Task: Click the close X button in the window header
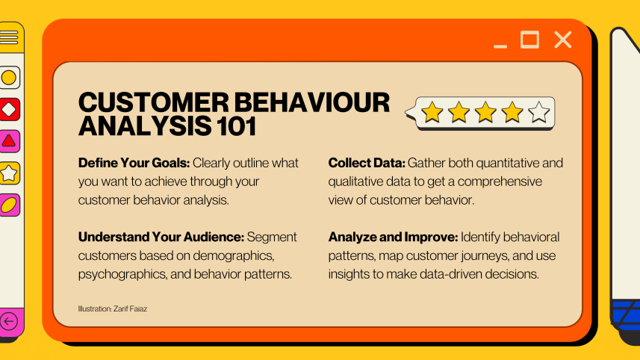[x=562, y=40]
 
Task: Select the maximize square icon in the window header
[x=529, y=40]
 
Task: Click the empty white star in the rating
[x=538, y=113]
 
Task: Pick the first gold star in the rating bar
[x=432, y=113]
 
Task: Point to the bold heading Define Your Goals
[x=134, y=163]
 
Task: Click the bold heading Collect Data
[x=366, y=163]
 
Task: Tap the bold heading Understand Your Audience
[x=161, y=237]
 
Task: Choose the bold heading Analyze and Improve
[x=392, y=237]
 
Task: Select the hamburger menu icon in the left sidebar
[x=9, y=37]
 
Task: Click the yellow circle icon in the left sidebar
[x=9, y=77]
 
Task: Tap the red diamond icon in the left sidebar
[x=9, y=109]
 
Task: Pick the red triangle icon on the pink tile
[x=9, y=141]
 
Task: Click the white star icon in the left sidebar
[x=9, y=173]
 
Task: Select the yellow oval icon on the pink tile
[x=9, y=205]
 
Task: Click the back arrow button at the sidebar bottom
[x=9, y=322]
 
